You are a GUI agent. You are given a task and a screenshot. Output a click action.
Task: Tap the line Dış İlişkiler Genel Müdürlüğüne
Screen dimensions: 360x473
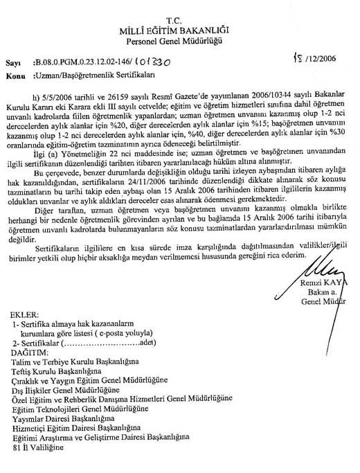pyautogui.click(x=70, y=389)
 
